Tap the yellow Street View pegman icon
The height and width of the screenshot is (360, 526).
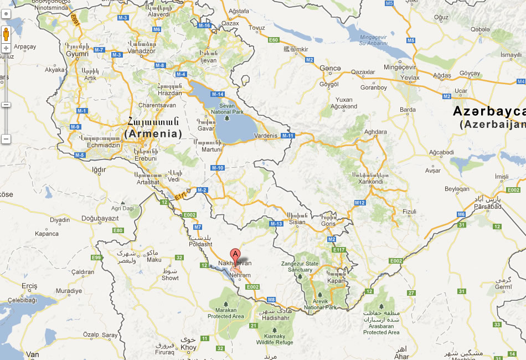point(6,34)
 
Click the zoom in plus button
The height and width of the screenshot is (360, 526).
point(6,48)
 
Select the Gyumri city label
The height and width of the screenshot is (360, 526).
point(77,54)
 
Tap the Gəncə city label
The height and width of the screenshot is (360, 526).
point(331,68)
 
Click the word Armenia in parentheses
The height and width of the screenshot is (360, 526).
point(153,133)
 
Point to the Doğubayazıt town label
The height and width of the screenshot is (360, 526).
point(100,218)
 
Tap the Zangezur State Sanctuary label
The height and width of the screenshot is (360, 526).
point(300,267)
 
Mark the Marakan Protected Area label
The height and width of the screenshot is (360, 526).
point(226,313)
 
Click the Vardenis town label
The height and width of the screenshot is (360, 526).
point(266,136)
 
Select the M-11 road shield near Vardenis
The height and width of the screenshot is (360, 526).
point(287,136)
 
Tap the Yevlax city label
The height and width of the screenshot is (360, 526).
point(411,78)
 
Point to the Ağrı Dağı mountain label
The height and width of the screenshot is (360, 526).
point(123,208)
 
